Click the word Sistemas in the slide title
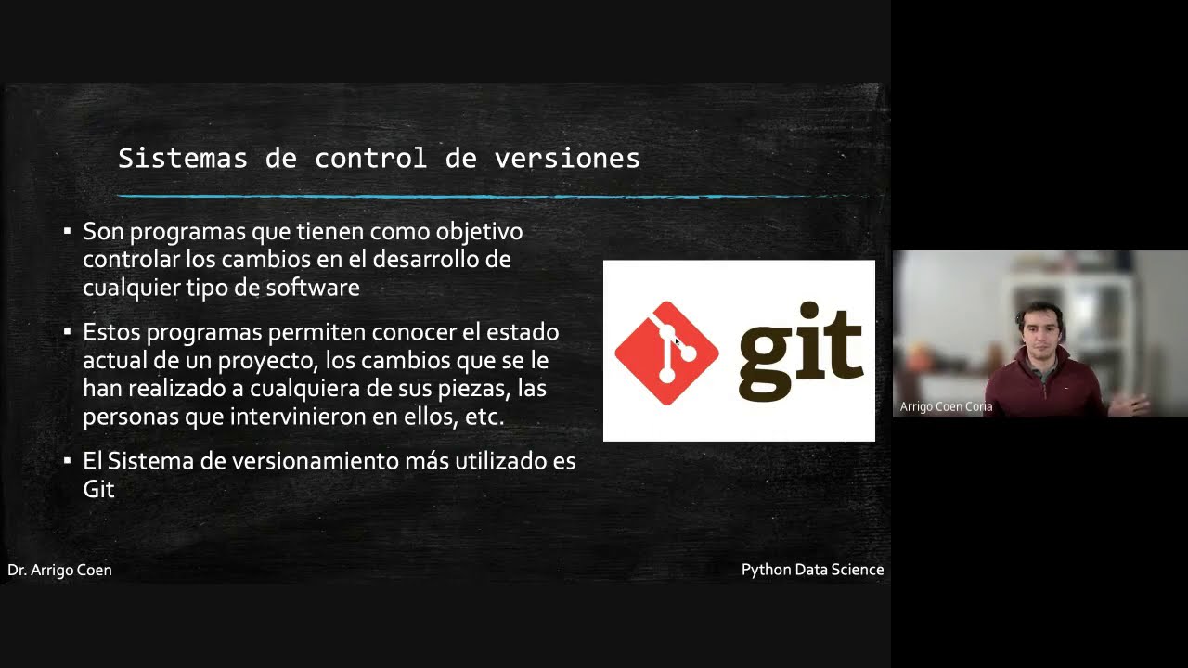coord(182,159)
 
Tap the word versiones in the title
coord(567,159)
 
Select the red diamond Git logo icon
coord(666,353)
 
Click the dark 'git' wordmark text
coord(801,351)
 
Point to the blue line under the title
coord(483,196)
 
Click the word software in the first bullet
coord(312,288)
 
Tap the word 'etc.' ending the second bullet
coord(484,417)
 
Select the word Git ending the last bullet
coord(98,489)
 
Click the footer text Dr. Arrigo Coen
coord(59,570)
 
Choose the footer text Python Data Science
coord(812,570)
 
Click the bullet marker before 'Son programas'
coord(67,231)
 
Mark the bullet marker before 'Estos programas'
coord(67,331)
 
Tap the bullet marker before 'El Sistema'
coord(67,461)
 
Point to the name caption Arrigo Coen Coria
coord(946,406)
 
